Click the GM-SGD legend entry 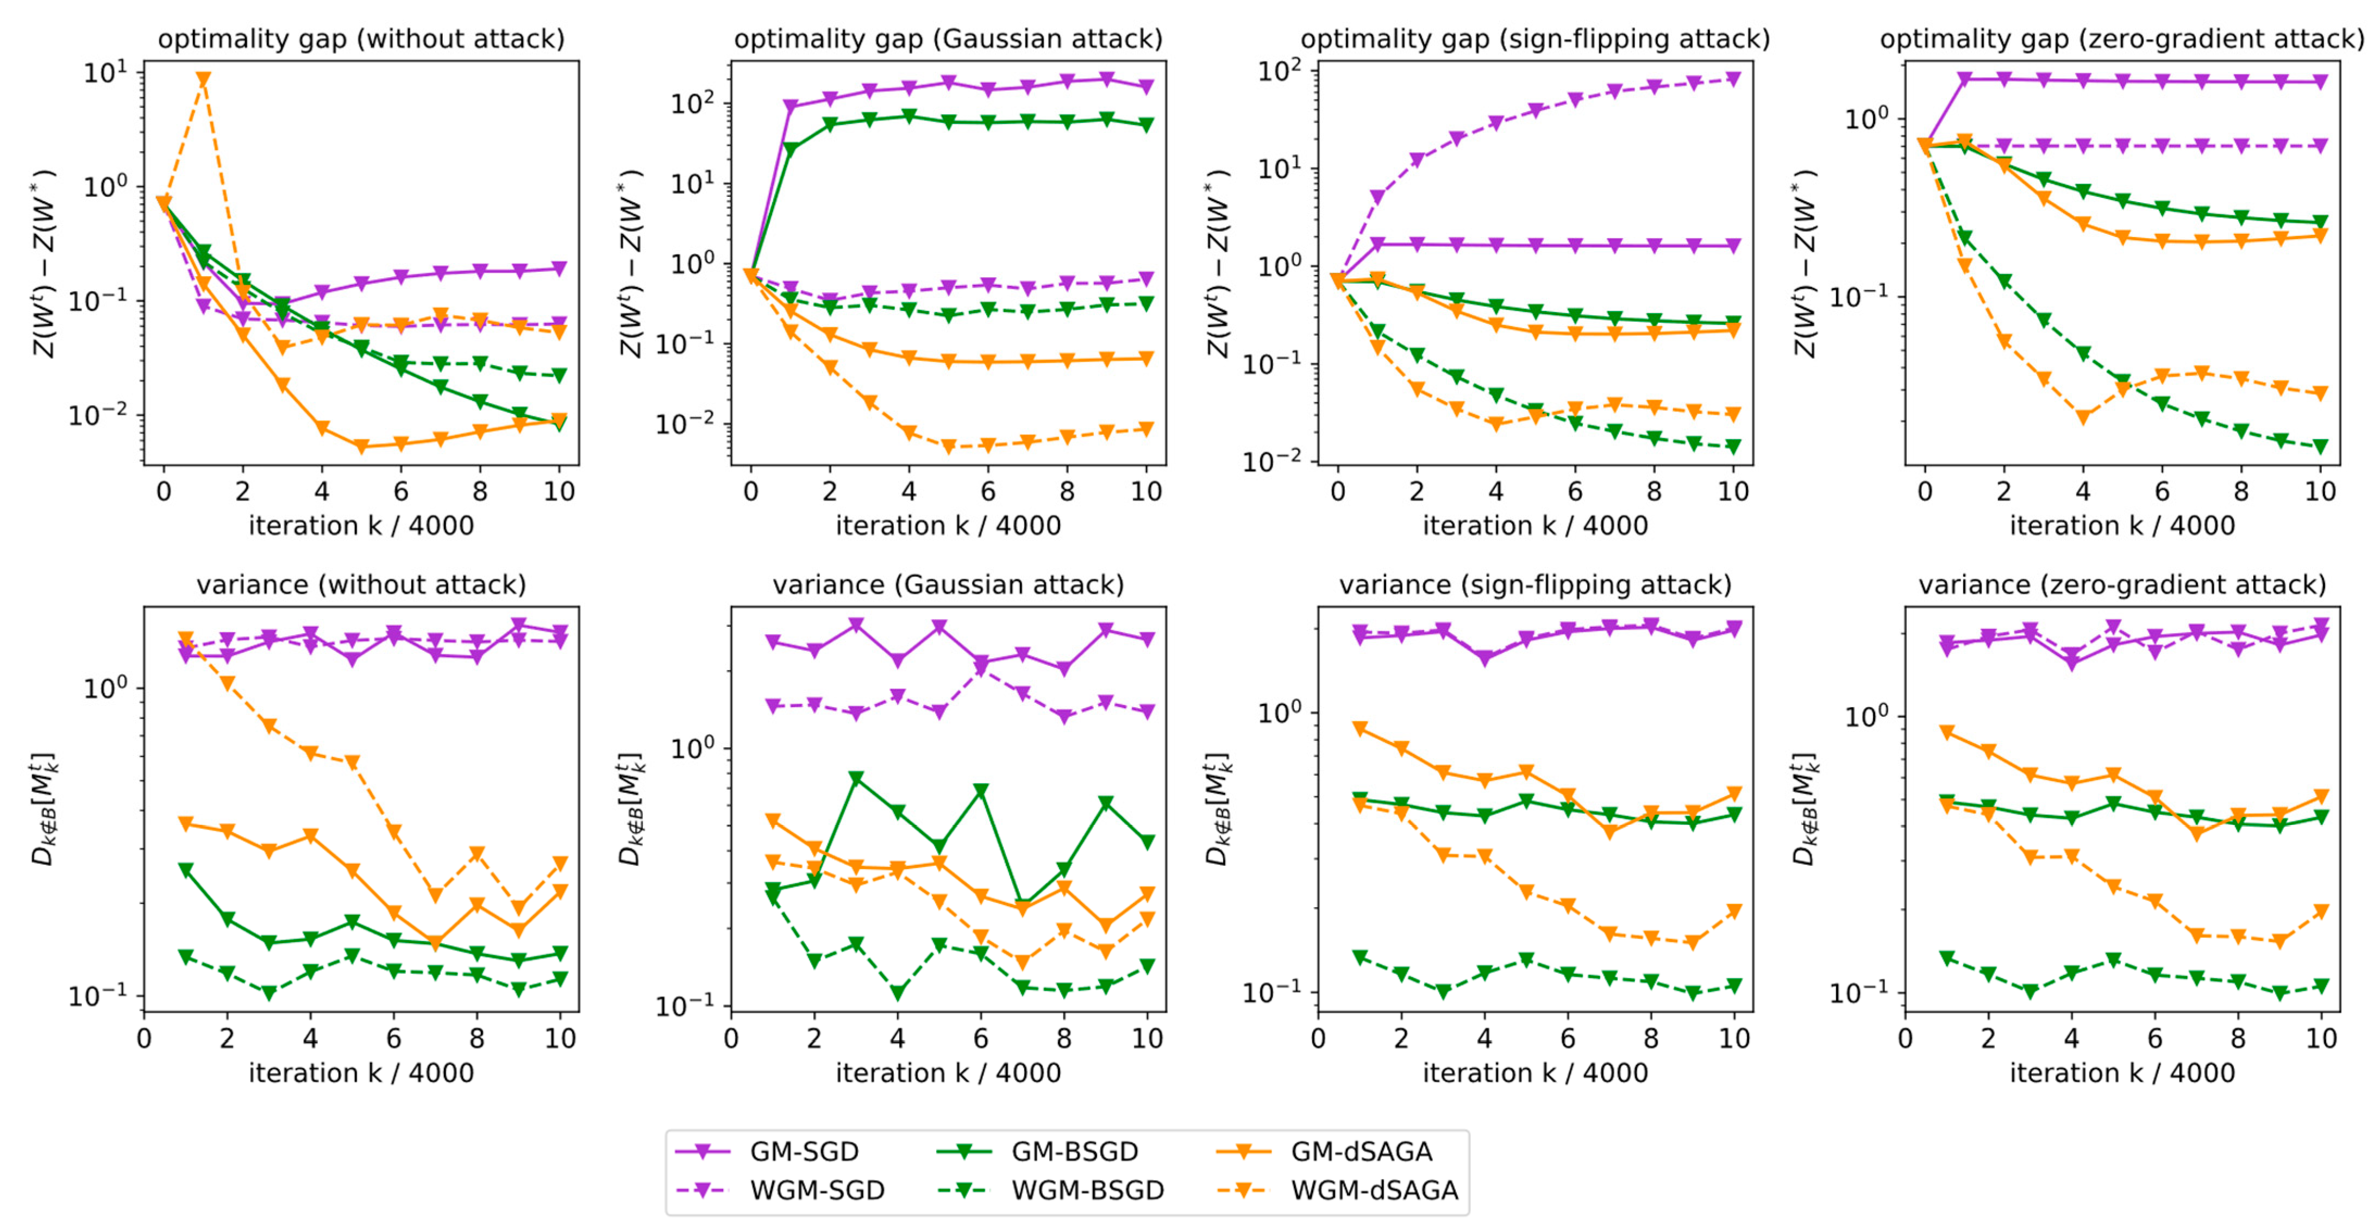(803, 1151)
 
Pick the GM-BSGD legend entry (1074, 1151)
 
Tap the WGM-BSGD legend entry (1087, 1190)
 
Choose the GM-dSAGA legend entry (1360, 1151)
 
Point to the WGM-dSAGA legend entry (1373, 1190)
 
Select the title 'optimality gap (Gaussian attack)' (948, 39)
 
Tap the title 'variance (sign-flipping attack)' (1535, 585)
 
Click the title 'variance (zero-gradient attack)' (2121, 585)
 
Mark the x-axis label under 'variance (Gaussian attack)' (948, 1073)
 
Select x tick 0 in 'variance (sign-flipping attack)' (1318, 1038)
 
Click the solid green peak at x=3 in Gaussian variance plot (856, 779)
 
